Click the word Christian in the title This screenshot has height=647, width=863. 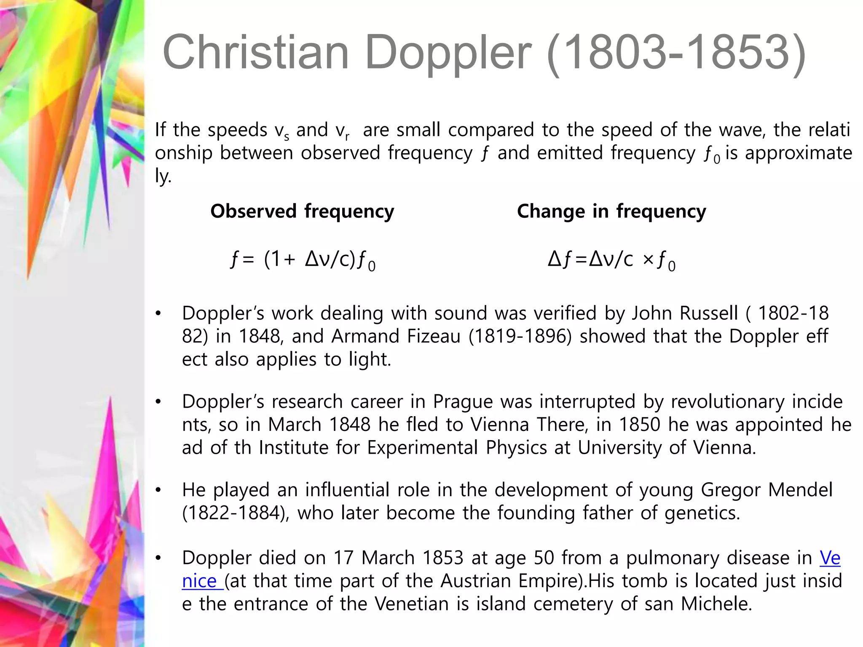click(x=255, y=52)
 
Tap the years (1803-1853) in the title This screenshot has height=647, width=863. click(x=676, y=53)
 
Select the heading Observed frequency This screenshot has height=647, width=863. click(x=302, y=211)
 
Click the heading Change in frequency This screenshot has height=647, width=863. click(x=611, y=211)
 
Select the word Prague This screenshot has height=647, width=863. click(x=463, y=402)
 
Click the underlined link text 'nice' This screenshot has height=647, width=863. click(x=199, y=581)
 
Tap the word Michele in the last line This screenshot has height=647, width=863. click(x=716, y=604)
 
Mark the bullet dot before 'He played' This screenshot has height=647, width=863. click(x=158, y=490)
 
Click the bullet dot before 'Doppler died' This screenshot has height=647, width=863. click(x=158, y=559)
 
